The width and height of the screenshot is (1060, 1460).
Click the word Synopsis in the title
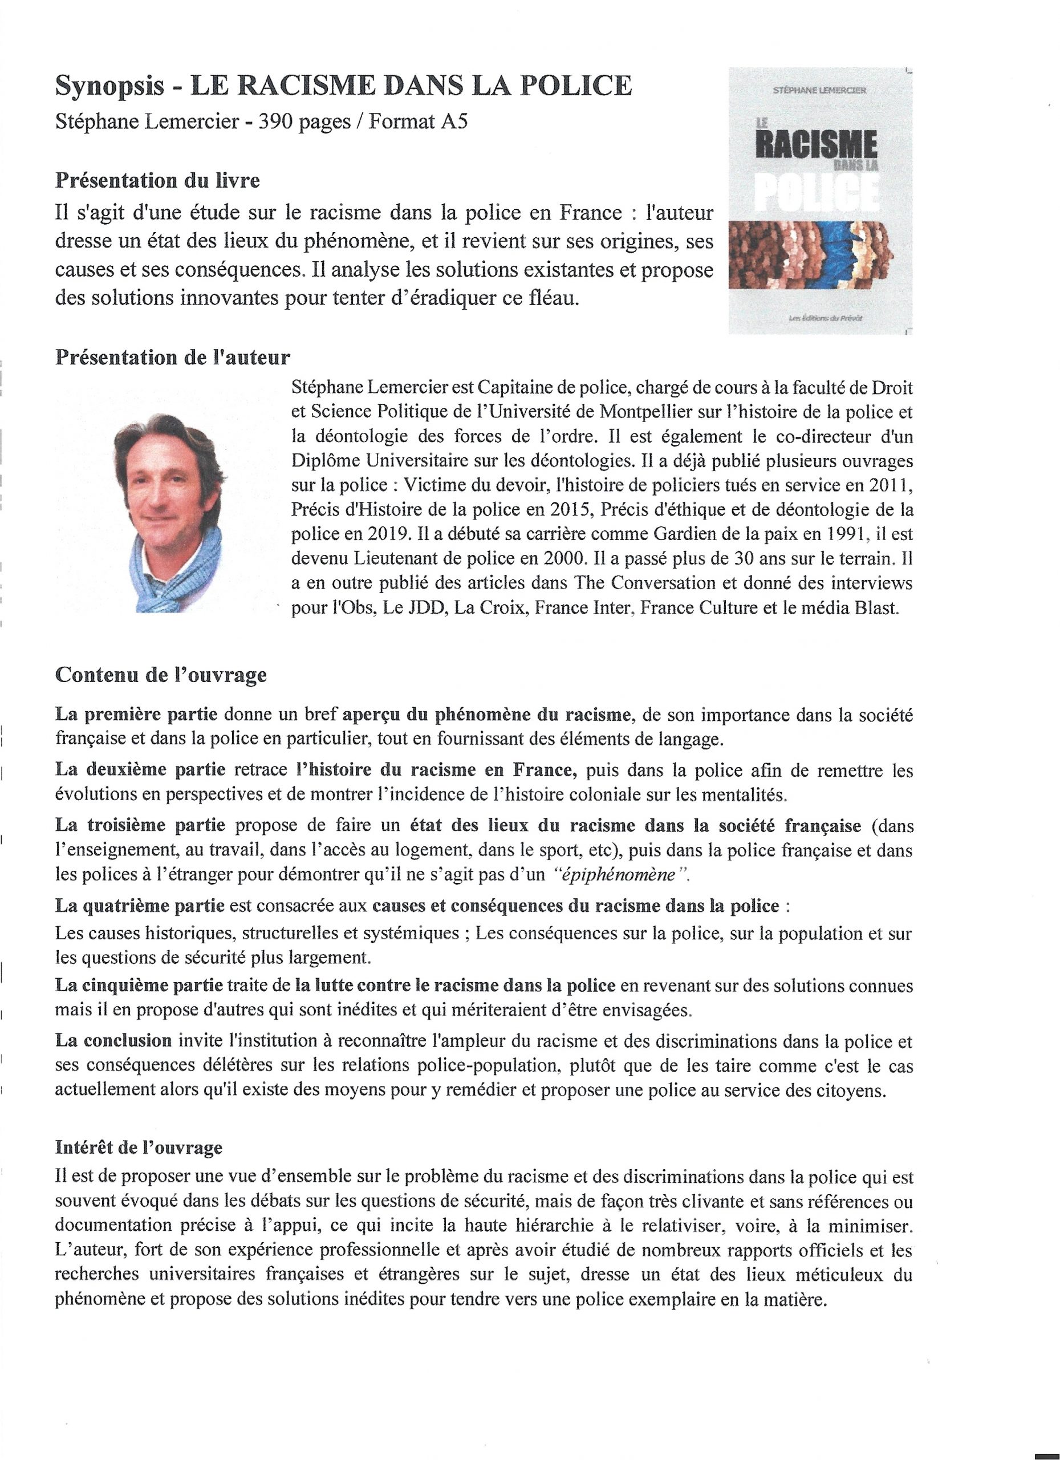pyautogui.click(x=109, y=86)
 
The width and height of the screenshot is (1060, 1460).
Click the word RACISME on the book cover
pyautogui.click(x=816, y=143)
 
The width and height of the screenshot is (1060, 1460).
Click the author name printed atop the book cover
pyautogui.click(x=819, y=91)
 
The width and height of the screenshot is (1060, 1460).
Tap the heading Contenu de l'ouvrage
pyautogui.click(x=161, y=675)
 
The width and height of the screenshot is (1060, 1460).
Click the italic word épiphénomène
pyautogui.click(x=618, y=874)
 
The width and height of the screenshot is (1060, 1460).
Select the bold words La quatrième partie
pyautogui.click(x=140, y=906)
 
